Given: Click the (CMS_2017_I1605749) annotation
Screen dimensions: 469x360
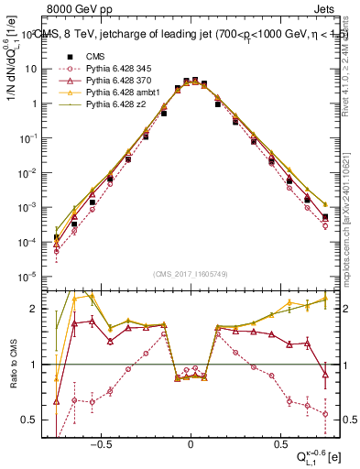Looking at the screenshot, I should tap(191, 274).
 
